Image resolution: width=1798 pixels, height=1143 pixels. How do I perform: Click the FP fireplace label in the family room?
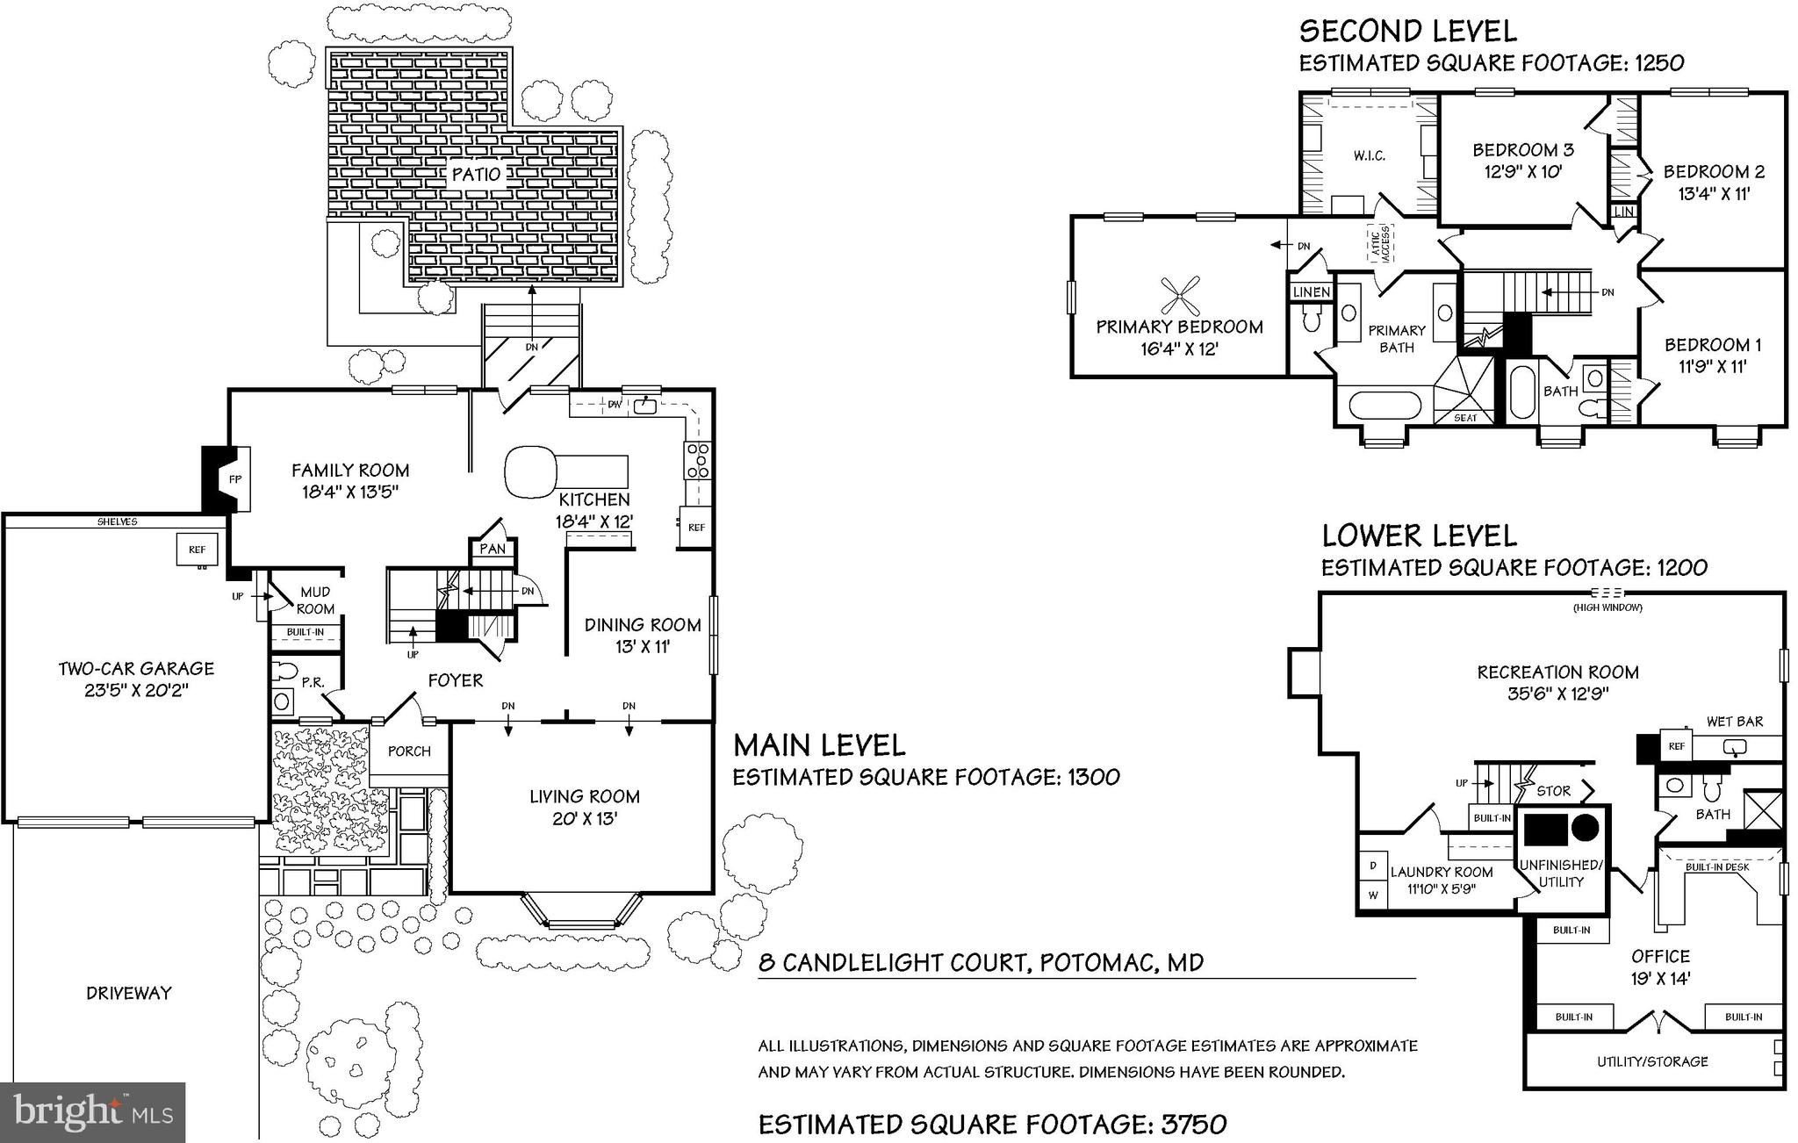pos(234,479)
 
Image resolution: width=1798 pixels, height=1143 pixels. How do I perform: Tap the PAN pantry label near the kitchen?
pos(493,549)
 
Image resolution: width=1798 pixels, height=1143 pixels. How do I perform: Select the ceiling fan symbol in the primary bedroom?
pos(1180,297)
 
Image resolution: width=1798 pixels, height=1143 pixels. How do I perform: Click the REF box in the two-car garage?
pos(197,550)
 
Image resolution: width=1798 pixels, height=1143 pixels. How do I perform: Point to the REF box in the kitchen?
pos(696,528)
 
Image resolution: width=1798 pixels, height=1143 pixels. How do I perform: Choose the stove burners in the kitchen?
pos(698,461)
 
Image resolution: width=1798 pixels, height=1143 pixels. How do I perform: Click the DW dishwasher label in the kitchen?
pos(615,406)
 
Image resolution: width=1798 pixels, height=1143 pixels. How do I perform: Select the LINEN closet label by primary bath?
pos(1312,292)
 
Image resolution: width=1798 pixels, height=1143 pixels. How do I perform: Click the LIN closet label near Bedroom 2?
pos(1624,212)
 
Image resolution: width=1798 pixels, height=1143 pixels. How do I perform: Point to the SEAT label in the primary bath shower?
pos(1465,418)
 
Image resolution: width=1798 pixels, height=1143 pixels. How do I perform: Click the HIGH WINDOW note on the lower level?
pos(1608,607)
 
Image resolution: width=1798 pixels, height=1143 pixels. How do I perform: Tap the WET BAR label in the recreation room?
pos(1734,722)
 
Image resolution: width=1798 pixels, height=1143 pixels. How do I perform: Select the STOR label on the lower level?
pos(1553,791)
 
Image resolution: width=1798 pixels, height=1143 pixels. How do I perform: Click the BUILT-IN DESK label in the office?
pos(1717,867)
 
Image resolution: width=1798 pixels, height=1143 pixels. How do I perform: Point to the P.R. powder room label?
pos(313,681)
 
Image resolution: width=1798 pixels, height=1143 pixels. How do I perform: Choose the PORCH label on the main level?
pos(409,751)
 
